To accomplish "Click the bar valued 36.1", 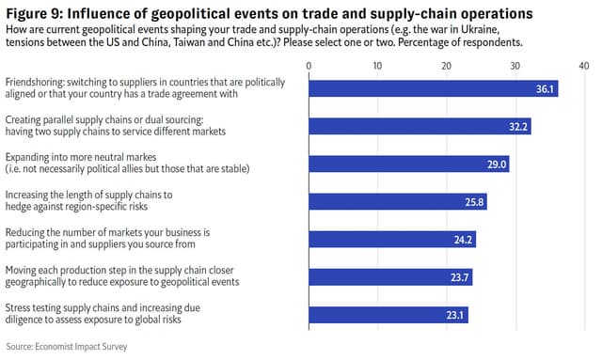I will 434,88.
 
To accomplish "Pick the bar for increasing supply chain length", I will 398,201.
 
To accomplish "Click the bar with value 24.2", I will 392,239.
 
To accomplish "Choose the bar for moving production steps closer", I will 390,276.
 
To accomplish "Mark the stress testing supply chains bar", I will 388,314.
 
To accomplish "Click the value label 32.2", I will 518,127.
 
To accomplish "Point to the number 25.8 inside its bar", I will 474,202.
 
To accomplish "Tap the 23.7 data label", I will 460,277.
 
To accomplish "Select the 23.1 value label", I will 456,315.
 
